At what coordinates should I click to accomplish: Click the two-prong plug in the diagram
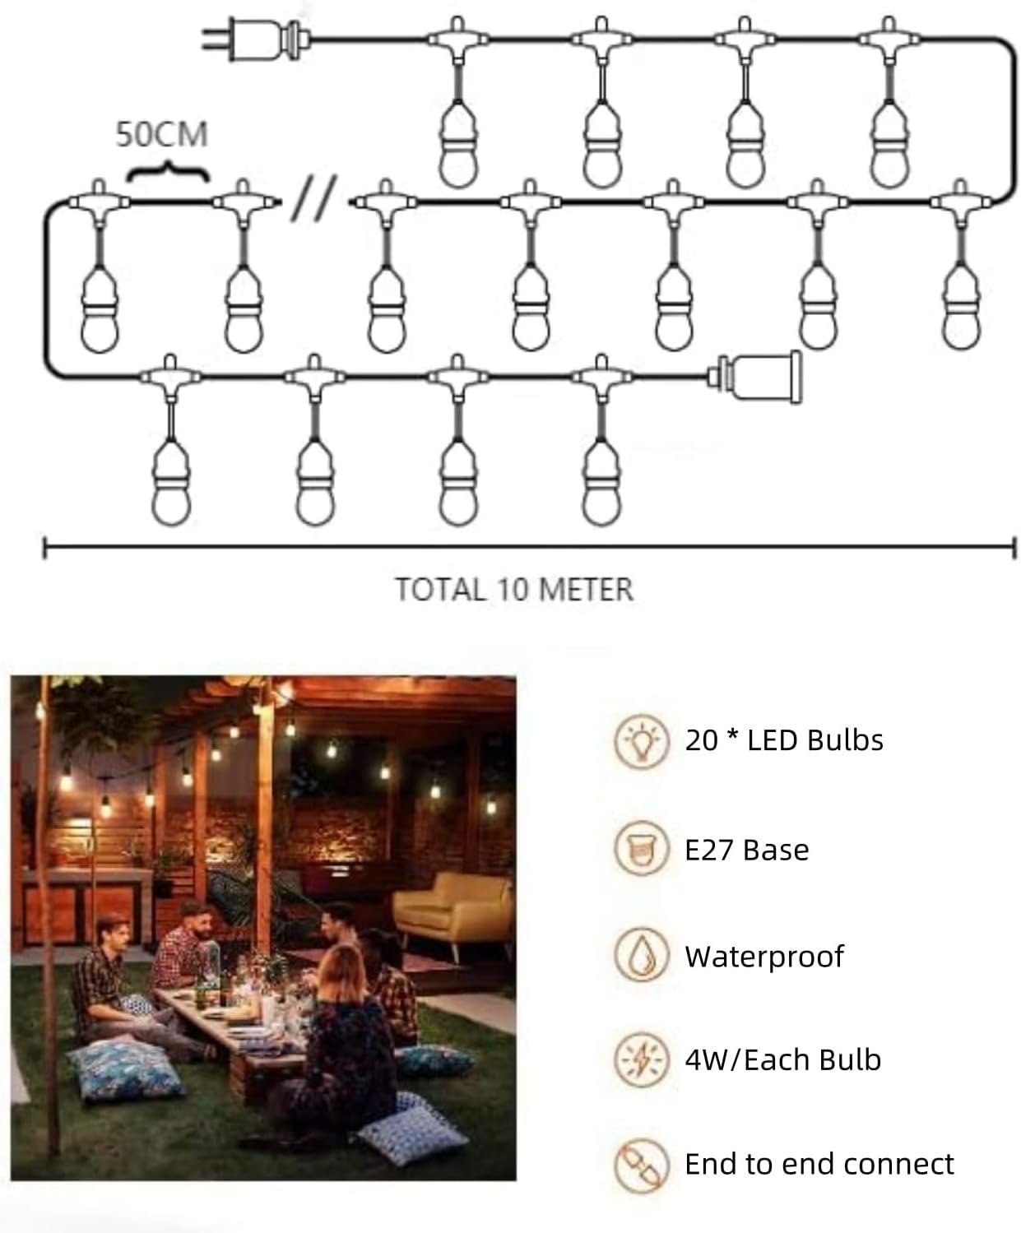click(256, 39)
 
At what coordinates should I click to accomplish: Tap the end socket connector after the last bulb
click(755, 378)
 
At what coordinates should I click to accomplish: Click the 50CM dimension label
click(162, 134)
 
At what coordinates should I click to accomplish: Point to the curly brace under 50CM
click(169, 170)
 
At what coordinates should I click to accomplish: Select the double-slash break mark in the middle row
click(313, 198)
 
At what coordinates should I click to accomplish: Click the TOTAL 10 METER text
click(514, 589)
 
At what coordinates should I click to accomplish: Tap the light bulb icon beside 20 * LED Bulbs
click(642, 740)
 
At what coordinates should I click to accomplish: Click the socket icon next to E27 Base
click(642, 849)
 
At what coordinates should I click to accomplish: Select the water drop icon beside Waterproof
click(642, 956)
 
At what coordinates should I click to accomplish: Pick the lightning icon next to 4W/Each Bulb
click(642, 1059)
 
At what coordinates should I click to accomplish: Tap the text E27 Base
click(747, 850)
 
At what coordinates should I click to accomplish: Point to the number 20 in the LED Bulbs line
click(701, 740)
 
